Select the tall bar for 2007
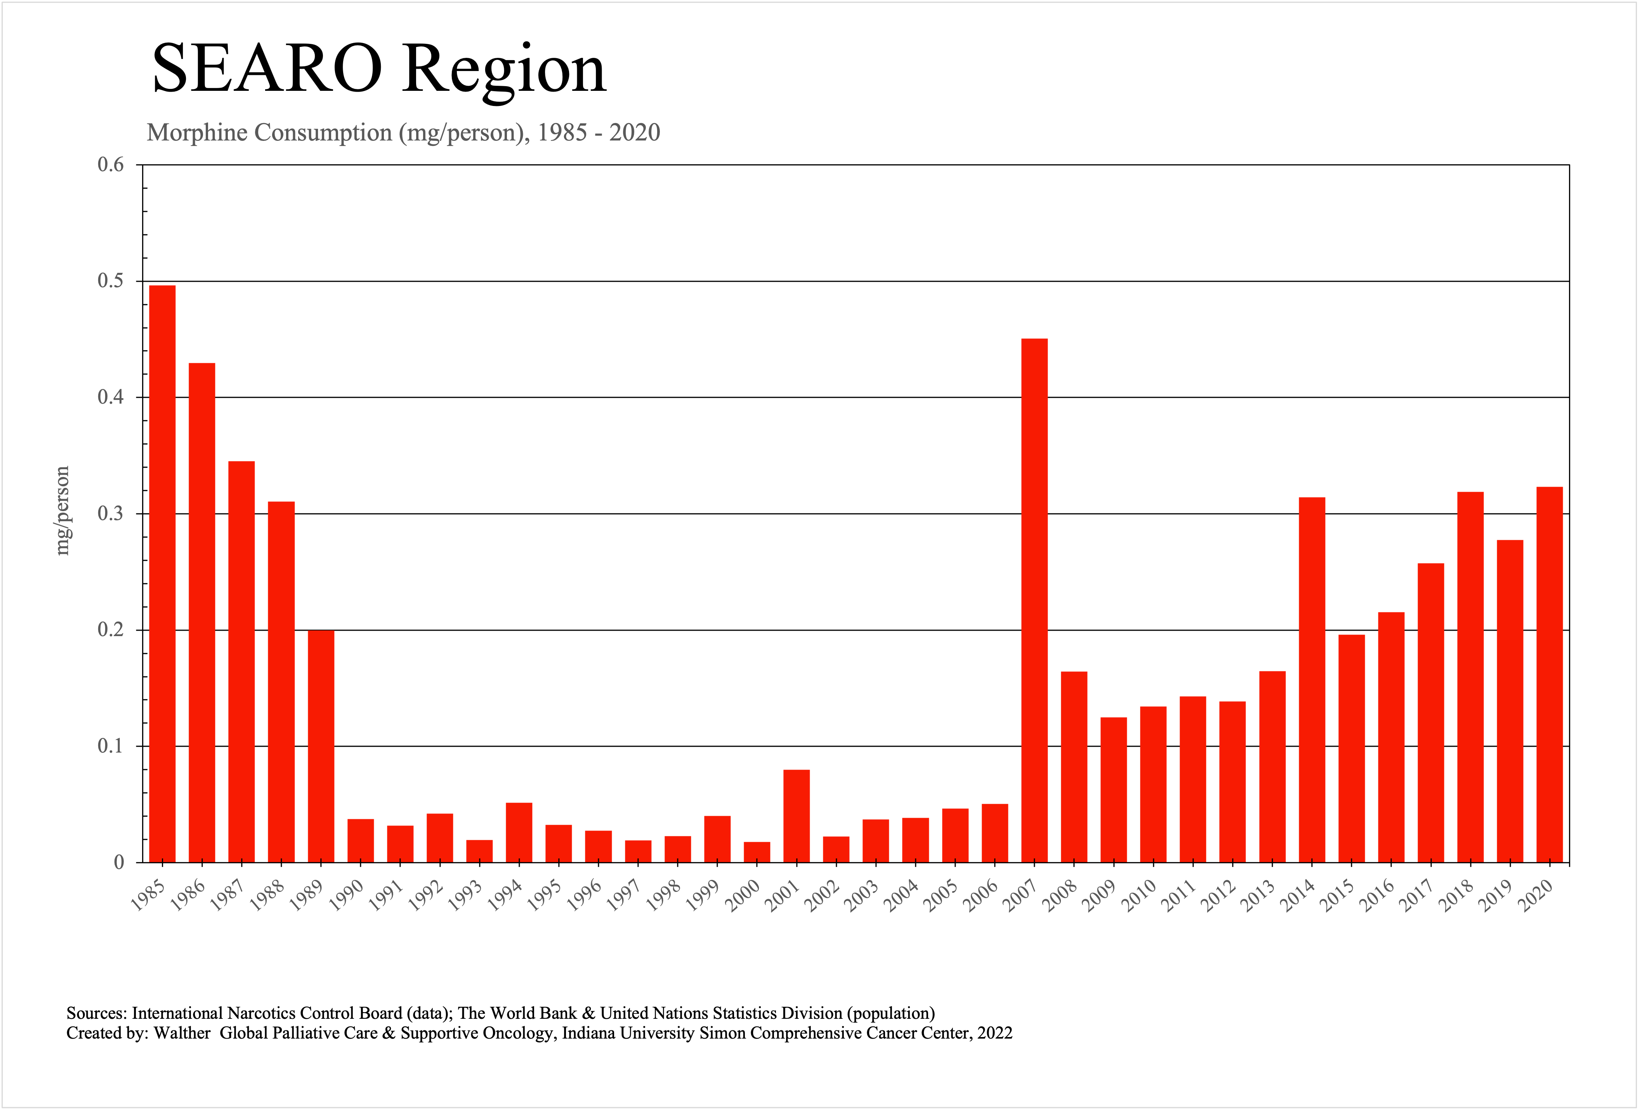[1034, 600]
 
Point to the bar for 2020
[1550, 674]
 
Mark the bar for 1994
[519, 832]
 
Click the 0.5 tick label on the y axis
[110, 281]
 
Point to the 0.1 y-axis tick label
[110, 746]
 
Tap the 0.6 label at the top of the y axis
[110, 165]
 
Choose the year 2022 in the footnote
[994, 1033]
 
